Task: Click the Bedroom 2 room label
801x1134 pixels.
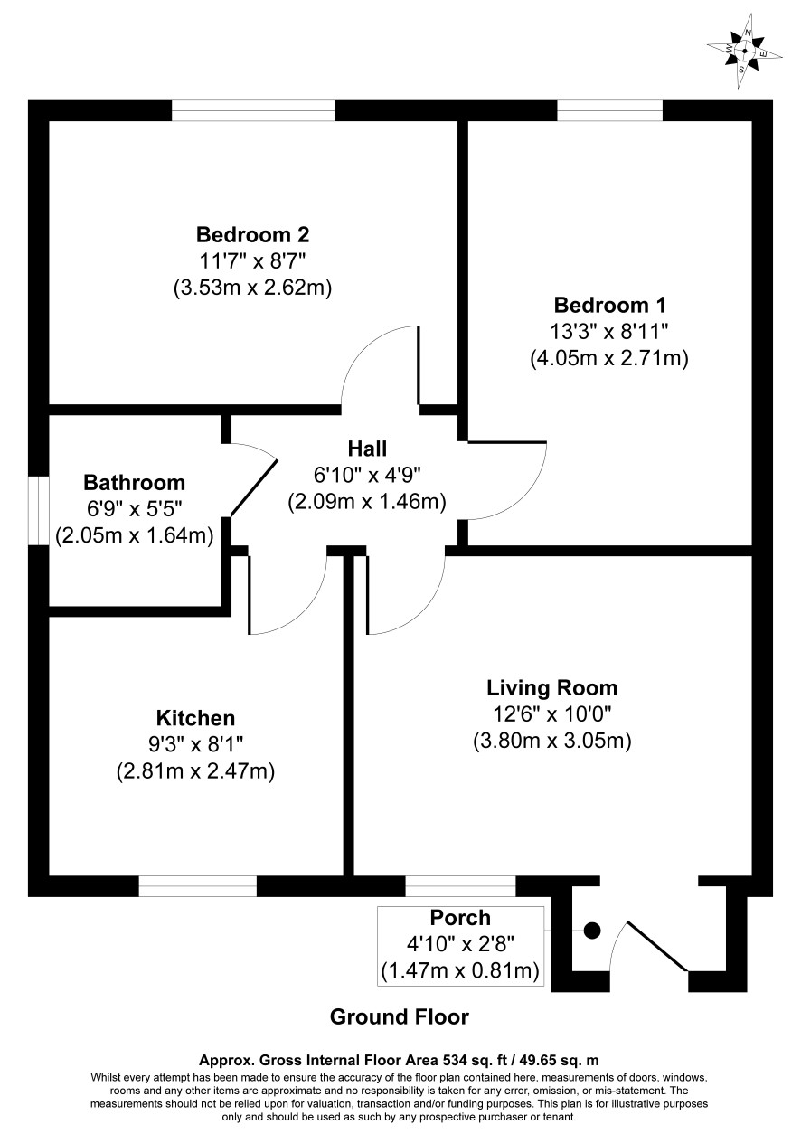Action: point(252,235)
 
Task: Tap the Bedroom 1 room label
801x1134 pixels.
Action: point(609,306)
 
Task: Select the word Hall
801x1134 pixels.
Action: point(367,449)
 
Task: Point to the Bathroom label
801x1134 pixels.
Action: point(134,483)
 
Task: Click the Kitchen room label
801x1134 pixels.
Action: point(195,718)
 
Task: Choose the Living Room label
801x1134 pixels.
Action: point(552,688)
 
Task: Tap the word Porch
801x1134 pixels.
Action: point(460,918)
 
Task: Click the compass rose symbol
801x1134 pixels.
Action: point(744,51)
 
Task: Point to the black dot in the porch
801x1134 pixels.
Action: point(592,931)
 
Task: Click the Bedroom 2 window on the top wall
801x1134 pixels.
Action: point(253,110)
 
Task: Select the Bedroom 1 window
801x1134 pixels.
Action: point(609,110)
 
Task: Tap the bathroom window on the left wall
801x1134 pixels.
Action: point(38,510)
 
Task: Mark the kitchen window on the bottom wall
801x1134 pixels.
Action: point(198,886)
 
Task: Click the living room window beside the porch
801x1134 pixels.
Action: point(460,886)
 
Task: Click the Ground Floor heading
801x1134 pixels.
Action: point(400,1016)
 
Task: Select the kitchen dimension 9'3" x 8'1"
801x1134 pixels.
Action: point(196,744)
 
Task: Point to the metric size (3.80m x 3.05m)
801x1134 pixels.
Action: point(552,742)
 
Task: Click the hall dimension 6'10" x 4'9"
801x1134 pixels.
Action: point(367,476)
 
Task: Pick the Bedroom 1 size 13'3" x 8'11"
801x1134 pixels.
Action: point(609,332)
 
